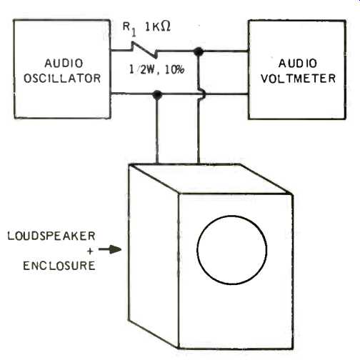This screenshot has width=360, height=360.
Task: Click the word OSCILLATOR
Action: coord(62,79)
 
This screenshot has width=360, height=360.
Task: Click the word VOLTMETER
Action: coord(298,79)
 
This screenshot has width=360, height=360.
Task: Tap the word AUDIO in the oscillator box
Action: coord(64,64)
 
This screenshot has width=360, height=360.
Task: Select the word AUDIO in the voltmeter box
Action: coord(298,64)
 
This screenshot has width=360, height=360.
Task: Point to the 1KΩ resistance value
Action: coord(158,27)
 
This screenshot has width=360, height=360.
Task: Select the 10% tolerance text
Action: coord(174,69)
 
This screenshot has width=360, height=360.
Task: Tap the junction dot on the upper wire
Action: coord(199,51)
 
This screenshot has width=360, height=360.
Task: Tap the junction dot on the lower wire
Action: coord(156,95)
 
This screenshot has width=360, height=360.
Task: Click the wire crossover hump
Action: coord(202,94)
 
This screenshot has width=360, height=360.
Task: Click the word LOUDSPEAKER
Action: coord(51,236)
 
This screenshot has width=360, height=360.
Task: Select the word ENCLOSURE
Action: coord(59,266)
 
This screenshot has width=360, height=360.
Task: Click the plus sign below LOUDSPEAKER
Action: coord(90,251)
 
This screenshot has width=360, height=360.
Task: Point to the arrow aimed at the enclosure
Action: coord(110,249)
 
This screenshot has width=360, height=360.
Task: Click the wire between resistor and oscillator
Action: coord(121,50)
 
